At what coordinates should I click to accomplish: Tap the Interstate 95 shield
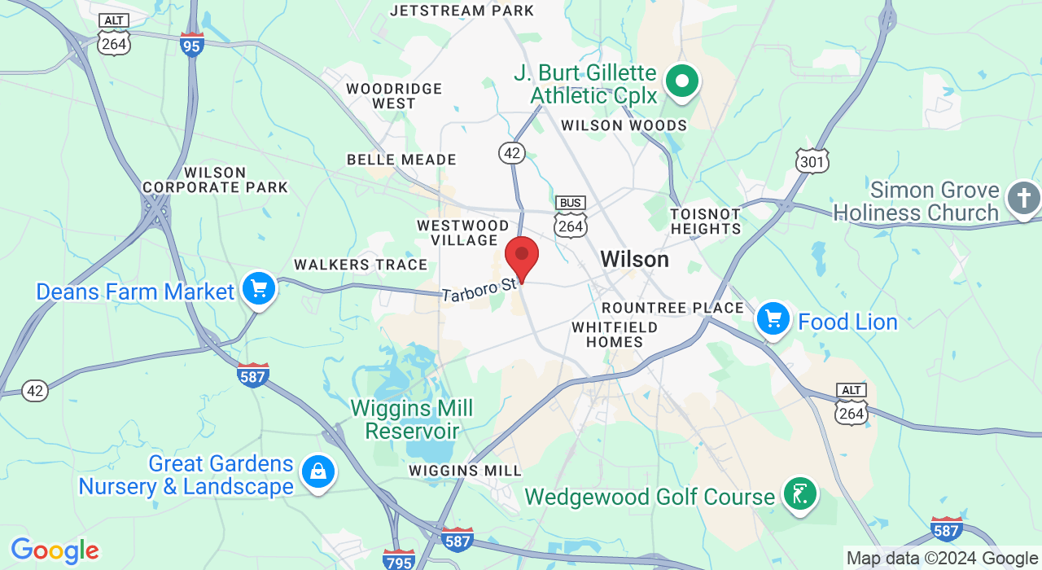click(191, 46)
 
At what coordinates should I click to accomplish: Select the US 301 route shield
click(812, 160)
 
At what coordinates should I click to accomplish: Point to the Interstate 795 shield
click(399, 559)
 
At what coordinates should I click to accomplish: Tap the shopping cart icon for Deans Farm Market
click(259, 289)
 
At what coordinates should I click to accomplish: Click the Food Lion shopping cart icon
click(773, 319)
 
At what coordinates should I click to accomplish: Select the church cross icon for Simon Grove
click(1023, 198)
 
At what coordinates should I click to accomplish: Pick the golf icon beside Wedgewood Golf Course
click(799, 494)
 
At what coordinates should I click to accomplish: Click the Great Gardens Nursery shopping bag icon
click(317, 471)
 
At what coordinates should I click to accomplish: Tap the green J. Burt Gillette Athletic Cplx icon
click(682, 81)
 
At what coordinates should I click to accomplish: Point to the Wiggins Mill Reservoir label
click(411, 419)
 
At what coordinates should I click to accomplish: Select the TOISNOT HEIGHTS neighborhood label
click(706, 221)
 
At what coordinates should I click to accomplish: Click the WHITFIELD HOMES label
click(615, 334)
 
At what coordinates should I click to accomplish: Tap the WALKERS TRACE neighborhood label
click(361, 265)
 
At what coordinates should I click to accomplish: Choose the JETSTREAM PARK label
click(462, 11)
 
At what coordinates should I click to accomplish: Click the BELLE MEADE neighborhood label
click(401, 160)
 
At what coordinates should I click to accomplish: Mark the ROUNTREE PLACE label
click(672, 308)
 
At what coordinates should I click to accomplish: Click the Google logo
click(55, 551)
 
